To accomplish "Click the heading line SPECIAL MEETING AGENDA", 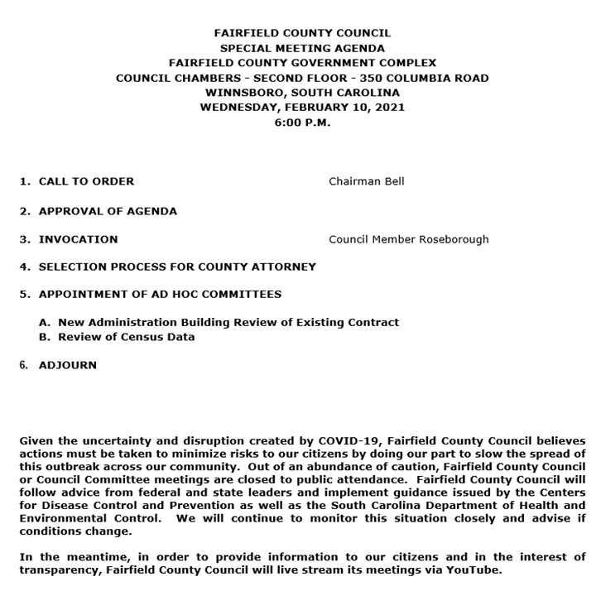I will click(x=302, y=48).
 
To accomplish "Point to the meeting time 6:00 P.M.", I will click(x=302, y=123).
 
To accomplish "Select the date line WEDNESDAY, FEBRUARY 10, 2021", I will click(x=302, y=108).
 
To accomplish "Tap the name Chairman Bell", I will click(x=366, y=181).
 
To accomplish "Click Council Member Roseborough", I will click(x=408, y=239).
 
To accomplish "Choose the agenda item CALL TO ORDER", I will click(x=86, y=181).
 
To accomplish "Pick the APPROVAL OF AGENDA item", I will click(x=108, y=211).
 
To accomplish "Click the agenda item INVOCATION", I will click(x=78, y=239).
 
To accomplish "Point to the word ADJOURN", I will click(x=68, y=365).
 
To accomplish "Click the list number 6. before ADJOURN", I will click(x=24, y=365).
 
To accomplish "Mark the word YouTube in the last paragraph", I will click(x=474, y=570).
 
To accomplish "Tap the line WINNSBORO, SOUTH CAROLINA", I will click(x=302, y=93).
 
